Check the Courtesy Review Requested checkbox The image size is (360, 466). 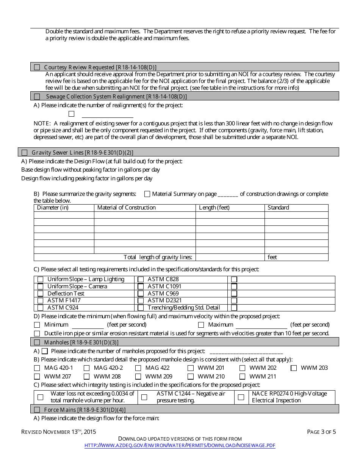click(37, 67)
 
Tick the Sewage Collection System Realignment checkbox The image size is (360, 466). click(37, 97)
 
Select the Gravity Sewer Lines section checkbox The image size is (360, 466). click(25, 153)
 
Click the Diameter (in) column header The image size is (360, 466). click(53, 208)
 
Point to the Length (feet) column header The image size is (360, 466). click(214, 208)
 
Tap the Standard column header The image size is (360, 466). click(278, 208)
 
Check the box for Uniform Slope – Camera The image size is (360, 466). click(40, 286)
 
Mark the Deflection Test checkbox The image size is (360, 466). click(40, 294)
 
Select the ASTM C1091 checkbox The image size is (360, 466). click(141, 286)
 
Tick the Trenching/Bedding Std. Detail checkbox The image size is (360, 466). click(141, 308)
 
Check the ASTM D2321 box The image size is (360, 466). click(141, 301)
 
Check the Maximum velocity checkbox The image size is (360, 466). click(201, 325)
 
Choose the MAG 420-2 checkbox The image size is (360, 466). click(86, 368)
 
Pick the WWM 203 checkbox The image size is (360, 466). click(294, 368)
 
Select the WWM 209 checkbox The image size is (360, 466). click(138, 377)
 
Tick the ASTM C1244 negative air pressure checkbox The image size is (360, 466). click(144, 397)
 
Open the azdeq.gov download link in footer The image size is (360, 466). click(180, 446)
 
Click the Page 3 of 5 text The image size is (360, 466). click(321, 432)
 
